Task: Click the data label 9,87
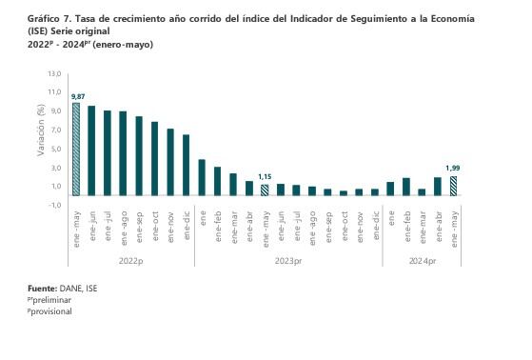79,96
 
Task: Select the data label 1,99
453,169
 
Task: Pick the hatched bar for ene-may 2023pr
265,190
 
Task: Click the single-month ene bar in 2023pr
202,177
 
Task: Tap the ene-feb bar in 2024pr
406,186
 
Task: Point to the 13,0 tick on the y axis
54,72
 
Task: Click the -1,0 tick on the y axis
54,206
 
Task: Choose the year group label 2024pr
422,260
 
